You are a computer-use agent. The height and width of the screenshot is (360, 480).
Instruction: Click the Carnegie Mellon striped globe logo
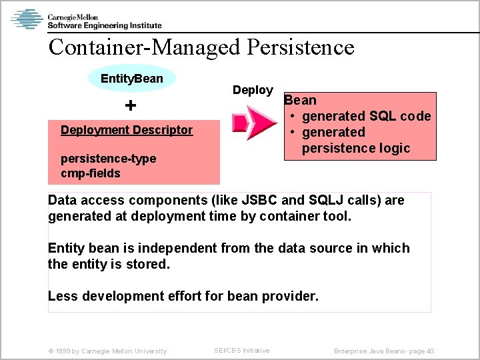point(27,19)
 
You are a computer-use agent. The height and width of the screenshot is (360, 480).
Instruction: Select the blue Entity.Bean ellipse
point(132,79)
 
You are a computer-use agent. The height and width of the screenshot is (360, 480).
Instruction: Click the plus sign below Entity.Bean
point(131,106)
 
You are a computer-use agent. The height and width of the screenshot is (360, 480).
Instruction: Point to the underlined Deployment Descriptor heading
point(127,130)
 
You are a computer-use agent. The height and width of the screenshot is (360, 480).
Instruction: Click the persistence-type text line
point(108,159)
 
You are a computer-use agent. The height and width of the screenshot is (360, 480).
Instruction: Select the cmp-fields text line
point(91,173)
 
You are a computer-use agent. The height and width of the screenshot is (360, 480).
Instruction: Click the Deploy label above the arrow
point(253,90)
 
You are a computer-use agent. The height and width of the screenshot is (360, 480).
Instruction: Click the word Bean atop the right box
point(300,100)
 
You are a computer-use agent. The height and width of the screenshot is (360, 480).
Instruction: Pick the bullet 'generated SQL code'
point(366,116)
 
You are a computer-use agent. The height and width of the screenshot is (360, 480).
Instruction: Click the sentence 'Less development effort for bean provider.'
point(183,296)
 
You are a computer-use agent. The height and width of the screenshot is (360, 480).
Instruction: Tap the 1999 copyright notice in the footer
point(107,351)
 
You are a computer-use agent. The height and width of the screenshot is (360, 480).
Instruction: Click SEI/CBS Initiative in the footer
point(241,351)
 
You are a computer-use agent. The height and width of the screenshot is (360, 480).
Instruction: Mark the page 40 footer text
point(384,351)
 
